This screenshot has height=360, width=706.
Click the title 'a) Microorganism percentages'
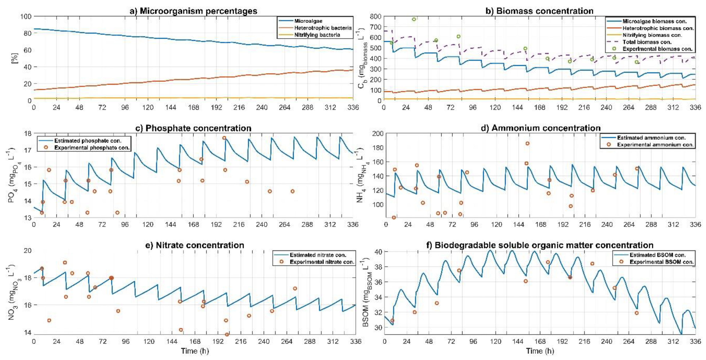(193, 11)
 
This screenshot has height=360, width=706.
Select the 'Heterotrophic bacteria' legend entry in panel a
(323, 28)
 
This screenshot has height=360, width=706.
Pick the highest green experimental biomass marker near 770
(414, 19)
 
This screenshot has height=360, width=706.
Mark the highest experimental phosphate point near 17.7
(224, 138)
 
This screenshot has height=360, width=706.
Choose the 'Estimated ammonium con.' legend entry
(651, 138)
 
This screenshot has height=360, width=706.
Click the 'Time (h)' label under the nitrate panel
(195, 351)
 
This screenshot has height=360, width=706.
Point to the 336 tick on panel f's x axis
(695, 342)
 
